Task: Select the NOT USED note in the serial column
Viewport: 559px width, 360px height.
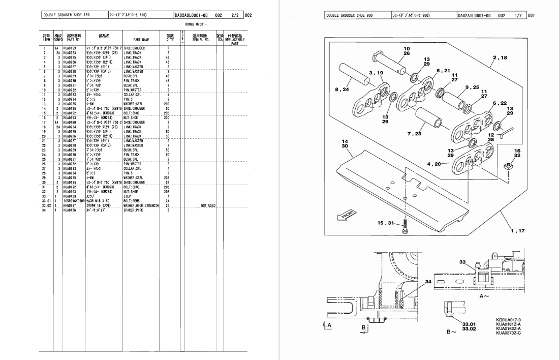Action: (x=208, y=205)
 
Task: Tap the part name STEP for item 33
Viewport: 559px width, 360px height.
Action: (x=128, y=196)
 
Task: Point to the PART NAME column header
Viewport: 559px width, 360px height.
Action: (x=141, y=39)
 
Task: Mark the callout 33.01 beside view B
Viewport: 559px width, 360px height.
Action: (x=469, y=323)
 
